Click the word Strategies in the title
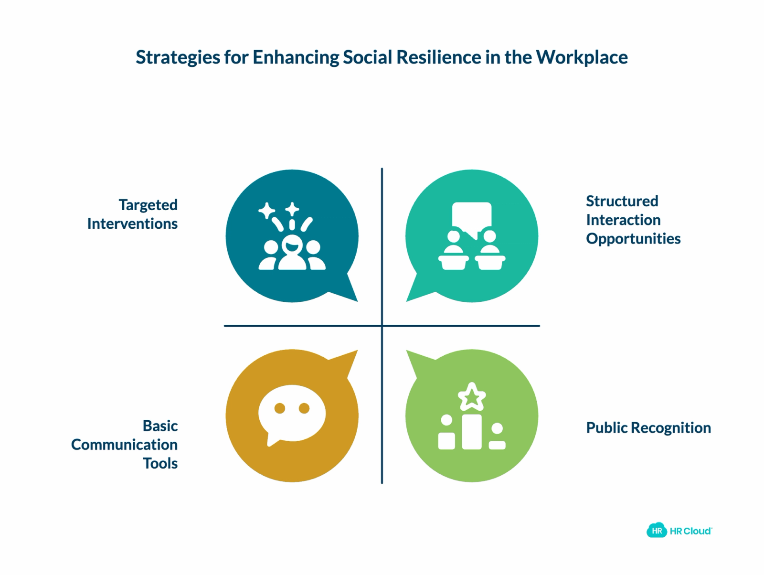(x=178, y=58)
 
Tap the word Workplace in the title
(x=582, y=58)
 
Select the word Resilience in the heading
(x=439, y=57)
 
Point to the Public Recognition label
(x=648, y=428)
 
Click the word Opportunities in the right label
(x=634, y=239)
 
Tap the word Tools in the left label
(x=160, y=463)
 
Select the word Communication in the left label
(x=125, y=445)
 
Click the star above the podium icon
(x=472, y=396)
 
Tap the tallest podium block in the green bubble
(x=472, y=432)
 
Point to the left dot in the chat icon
(x=279, y=408)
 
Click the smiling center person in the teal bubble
(x=292, y=252)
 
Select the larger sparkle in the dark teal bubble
(x=266, y=211)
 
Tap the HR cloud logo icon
(x=657, y=531)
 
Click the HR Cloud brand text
(x=690, y=531)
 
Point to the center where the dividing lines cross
(x=382, y=326)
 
